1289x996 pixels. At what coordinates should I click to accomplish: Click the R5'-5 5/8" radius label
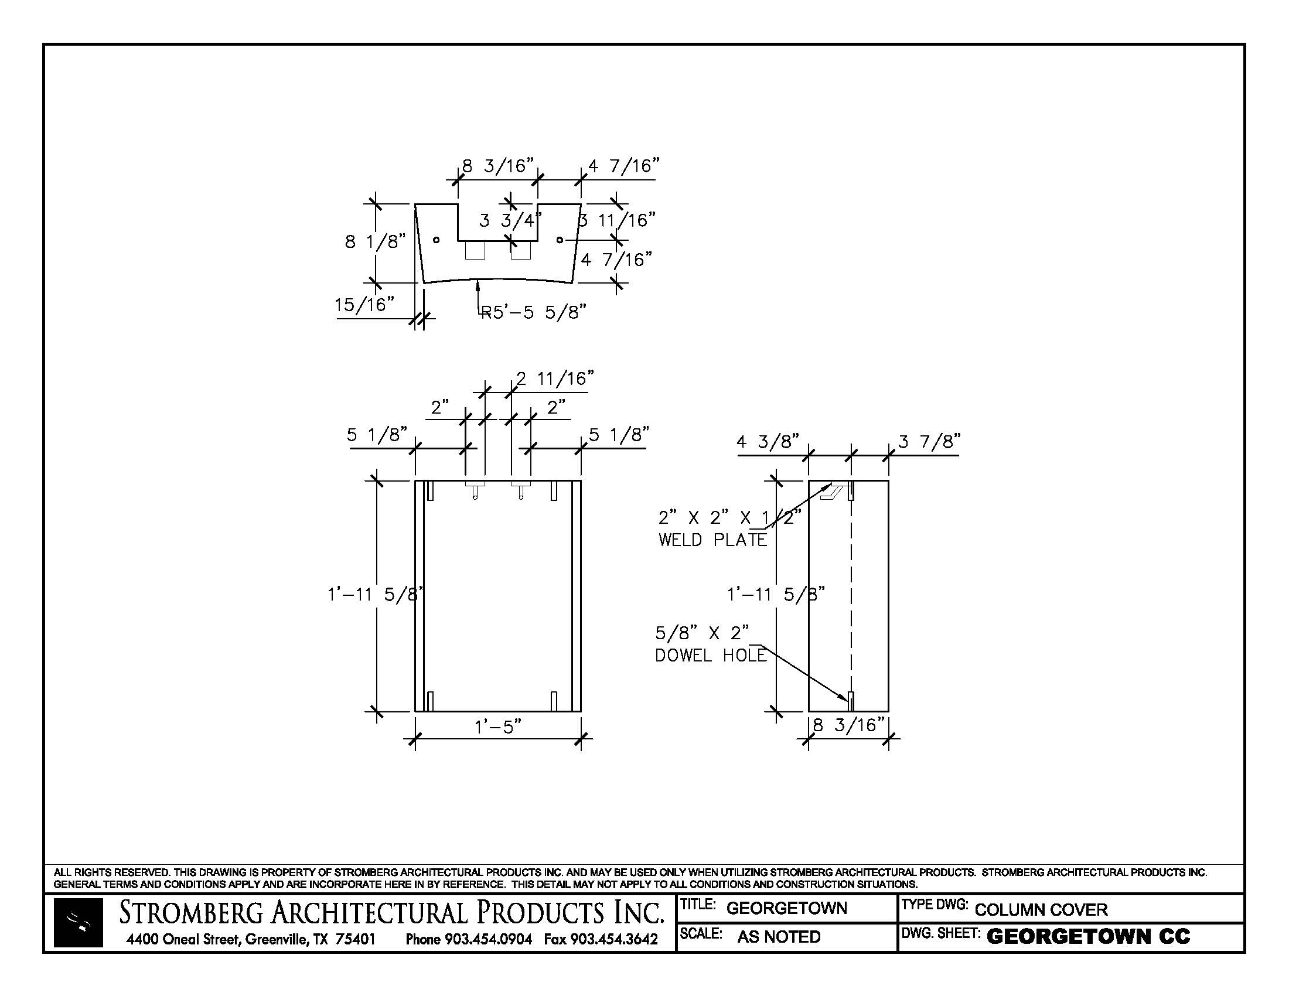[x=534, y=312]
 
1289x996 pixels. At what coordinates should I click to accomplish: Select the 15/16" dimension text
[x=364, y=305]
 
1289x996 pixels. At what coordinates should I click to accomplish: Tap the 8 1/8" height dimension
[x=376, y=241]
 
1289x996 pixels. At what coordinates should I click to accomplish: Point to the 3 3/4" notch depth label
[x=509, y=221]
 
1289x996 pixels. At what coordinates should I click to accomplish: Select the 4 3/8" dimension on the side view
[x=768, y=441]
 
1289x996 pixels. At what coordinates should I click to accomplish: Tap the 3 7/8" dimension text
[x=930, y=441]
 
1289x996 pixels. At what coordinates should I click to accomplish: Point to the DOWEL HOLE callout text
[x=711, y=656]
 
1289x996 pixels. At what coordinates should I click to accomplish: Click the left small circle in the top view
[x=436, y=240]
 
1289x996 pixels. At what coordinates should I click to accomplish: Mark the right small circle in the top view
[x=560, y=240]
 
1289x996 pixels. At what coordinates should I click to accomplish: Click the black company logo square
[x=78, y=923]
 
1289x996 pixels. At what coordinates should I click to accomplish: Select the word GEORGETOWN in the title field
[x=786, y=908]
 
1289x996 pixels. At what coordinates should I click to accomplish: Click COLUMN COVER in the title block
[x=1041, y=909]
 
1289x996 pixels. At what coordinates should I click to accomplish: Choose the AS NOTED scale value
[x=779, y=937]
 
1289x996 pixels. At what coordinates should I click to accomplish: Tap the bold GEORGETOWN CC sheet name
[x=1088, y=937]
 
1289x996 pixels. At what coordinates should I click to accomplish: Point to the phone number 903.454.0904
[x=488, y=939]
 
